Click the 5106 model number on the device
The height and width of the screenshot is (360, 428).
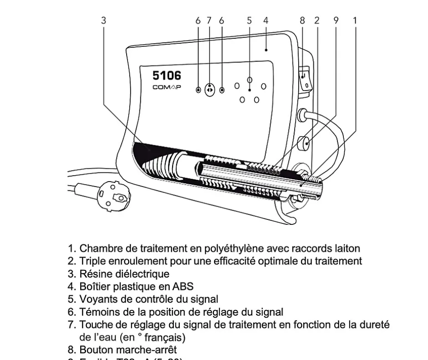168,75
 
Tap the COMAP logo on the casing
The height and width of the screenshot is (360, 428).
166,87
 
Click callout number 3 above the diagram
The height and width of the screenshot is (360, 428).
104,20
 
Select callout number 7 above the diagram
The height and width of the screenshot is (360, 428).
209,20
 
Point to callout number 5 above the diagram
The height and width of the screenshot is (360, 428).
249,20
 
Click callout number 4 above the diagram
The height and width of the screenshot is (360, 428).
265,20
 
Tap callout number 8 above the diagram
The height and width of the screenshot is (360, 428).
302,20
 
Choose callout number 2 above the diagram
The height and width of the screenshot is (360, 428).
317,20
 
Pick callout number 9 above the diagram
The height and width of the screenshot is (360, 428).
336,20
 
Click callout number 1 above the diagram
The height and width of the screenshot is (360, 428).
355,20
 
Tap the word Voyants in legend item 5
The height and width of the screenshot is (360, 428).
97,299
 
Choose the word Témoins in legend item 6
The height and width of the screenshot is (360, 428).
97,312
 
